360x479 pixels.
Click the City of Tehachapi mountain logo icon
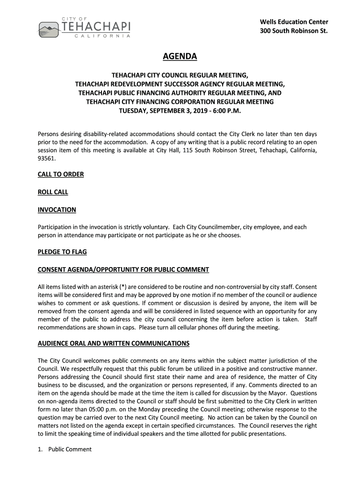click(x=48, y=29)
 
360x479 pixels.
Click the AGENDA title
click(x=180, y=57)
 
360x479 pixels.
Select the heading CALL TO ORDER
click(x=61, y=174)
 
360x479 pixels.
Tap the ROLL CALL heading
click(x=53, y=192)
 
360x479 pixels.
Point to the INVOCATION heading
click(x=57, y=210)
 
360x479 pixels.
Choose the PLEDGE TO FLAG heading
click(x=62, y=252)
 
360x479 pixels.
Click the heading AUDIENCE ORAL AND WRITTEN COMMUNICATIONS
click(x=114, y=343)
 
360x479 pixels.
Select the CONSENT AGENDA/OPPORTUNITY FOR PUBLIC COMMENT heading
click(x=123, y=270)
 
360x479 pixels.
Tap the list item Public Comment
click(x=70, y=450)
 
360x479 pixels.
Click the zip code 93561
click(x=46, y=159)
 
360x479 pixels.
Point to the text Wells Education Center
click(x=294, y=22)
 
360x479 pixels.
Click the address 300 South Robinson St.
click(x=294, y=31)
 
